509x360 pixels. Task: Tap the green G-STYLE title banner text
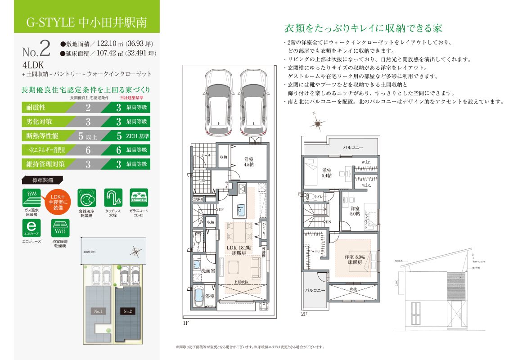point(86,22)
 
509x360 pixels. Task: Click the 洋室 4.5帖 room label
point(248,162)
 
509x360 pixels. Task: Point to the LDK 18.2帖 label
point(239,250)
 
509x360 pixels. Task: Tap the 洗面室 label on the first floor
point(207,271)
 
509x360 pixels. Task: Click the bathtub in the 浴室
point(198,296)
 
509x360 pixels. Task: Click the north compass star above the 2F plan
point(318,123)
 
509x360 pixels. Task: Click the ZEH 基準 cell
point(137,135)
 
